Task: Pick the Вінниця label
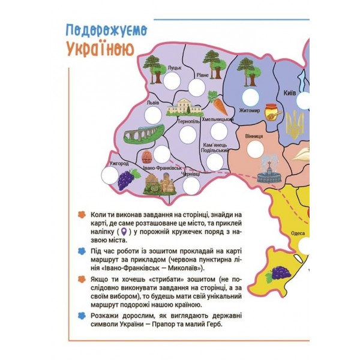click(254, 136)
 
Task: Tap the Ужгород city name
click(119, 163)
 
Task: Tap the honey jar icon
click(274, 111)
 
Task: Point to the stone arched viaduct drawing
click(143, 134)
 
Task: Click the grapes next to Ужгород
click(125, 179)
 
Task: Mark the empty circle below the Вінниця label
click(257, 149)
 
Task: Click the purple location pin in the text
click(124, 232)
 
